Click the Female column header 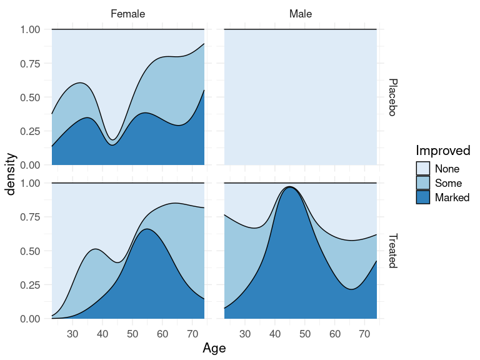pos(128,14)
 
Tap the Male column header pos(301,14)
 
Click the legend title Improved pos(443,151)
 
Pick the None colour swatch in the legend pos(423,169)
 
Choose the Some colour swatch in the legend pos(423,183)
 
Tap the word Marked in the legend pos(452,197)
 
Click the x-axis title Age pos(214,348)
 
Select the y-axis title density pos(11,174)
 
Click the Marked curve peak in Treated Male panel pos(290,187)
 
